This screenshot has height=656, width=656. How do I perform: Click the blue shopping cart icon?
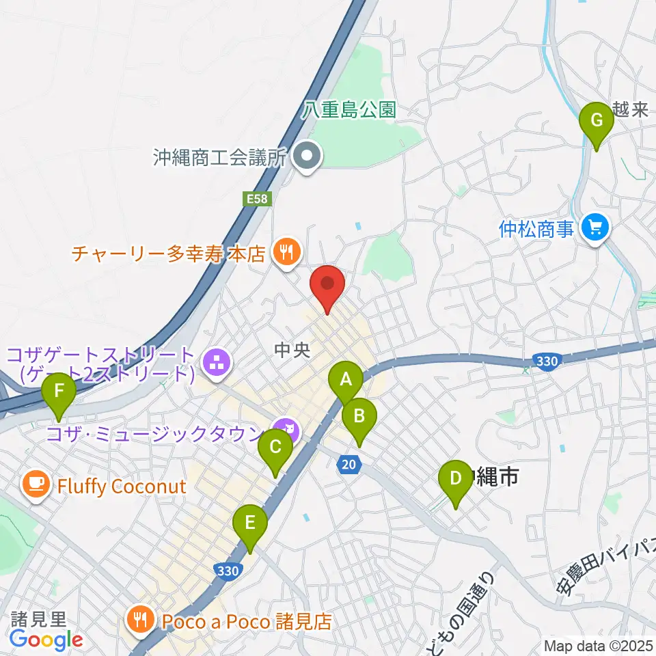(x=595, y=228)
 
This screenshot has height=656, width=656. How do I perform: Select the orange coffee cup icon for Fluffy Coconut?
(x=34, y=486)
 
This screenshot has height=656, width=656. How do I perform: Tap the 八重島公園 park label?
(x=350, y=110)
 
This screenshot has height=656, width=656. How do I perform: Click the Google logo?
(x=46, y=640)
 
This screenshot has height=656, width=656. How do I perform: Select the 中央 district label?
(x=292, y=351)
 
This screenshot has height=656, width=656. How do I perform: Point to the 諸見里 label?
(x=38, y=619)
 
